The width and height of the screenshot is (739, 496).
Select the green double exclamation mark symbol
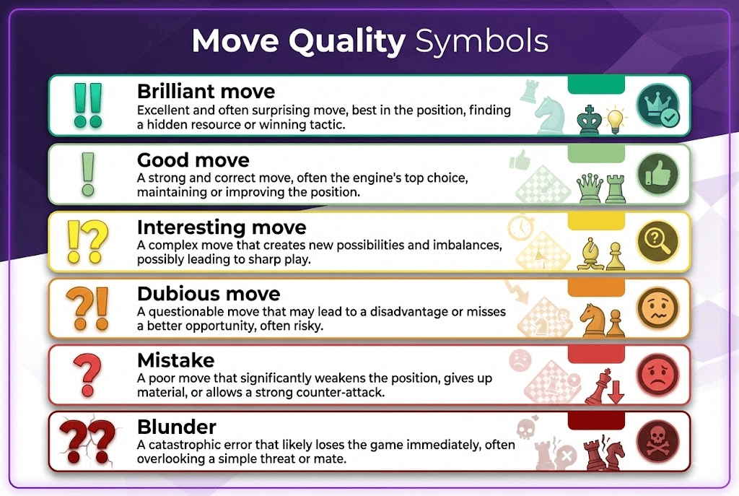[x=88, y=105]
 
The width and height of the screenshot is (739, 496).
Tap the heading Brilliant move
[x=206, y=92]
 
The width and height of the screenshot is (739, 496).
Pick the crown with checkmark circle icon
[x=657, y=105]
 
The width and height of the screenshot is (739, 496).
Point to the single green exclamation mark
[x=88, y=173]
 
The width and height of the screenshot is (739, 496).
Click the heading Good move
[x=193, y=159]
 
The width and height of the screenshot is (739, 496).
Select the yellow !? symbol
[x=88, y=241]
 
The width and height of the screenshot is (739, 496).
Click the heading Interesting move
[x=221, y=227]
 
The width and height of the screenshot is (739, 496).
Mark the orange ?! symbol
[x=88, y=309]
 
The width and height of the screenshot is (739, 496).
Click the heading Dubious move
[x=208, y=295]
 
